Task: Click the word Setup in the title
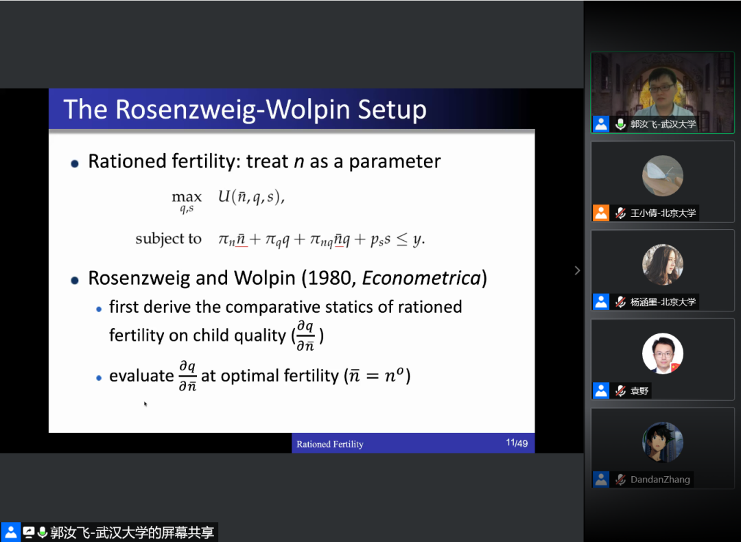tap(392, 110)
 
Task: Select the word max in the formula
tap(187, 197)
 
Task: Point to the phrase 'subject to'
tap(168, 239)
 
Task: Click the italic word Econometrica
tap(421, 279)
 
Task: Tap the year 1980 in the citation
tap(331, 279)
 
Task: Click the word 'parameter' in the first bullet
tap(395, 162)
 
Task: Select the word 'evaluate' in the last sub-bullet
tap(141, 376)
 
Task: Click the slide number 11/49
tap(517, 443)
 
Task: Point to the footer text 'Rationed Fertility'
tap(330, 444)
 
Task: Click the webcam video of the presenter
tap(663, 93)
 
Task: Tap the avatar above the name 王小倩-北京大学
tap(663, 176)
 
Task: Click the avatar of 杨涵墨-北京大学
tap(663, 265)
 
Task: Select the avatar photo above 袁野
tap(663, 353)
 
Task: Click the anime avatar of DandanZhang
tap(663, 443)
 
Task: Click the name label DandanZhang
tap(660, 480)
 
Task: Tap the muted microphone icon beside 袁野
tap(620, 391)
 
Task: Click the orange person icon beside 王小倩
tap(601, 213)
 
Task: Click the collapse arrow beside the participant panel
tap(577, 270)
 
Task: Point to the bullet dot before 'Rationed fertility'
tap(75, 163)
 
